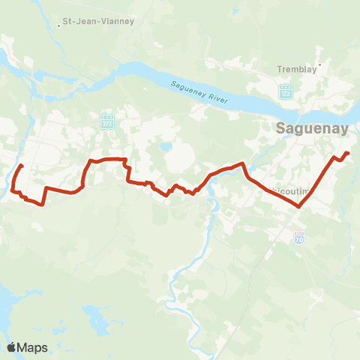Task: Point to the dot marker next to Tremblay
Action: (x=319, y=64)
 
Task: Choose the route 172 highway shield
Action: (x=285, y=92)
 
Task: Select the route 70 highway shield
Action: (x=299, y=238)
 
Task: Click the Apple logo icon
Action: (x=11, y=347)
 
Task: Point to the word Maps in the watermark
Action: (x=32, y=347)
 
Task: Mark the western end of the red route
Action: (x=22, y=166)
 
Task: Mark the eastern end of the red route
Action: (x=348, y=153)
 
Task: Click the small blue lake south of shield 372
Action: (x=166, y=147)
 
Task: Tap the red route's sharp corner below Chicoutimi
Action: (x=299, y=206)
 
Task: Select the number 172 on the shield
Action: (x=285, y=94)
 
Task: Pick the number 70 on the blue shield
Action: (x=299, y=239)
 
